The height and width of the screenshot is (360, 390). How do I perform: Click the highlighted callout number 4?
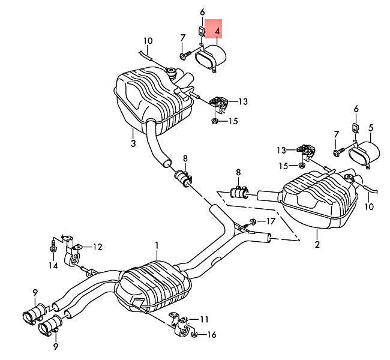(x=218, y=32)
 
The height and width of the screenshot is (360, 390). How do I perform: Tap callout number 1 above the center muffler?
(x=157, y=246)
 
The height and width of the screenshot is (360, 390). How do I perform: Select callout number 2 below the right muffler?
(x=317, y=244)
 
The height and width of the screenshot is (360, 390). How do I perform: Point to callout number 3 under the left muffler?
(x=133, y=143)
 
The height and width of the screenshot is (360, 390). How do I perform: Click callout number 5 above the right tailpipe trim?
(x=371, y=128)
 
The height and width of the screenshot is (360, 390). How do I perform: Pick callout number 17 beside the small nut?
(x=271, y=221)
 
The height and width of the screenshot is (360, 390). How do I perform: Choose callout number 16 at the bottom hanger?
(x=211, y=335)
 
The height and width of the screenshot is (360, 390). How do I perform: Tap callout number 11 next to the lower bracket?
(x=204, y=319)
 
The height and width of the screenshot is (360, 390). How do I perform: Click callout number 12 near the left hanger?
(x=97, y=247)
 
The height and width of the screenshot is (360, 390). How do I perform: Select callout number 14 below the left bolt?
(x=53, y=265)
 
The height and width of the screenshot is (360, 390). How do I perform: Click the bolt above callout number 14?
(x=53, y=245)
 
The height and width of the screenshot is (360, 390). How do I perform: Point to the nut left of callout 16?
(x=194, y=335)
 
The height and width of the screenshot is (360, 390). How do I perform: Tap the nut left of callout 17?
(x=253, y=221)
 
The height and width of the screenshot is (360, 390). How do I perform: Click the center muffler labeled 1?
(x=153, y=286)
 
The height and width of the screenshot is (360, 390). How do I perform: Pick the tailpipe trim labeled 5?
(x=364, y=154)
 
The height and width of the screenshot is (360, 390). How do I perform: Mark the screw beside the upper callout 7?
(x=185, y=55)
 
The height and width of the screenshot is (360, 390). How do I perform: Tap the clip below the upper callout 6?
(x=201, y=32)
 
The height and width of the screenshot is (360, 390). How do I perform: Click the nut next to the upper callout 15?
(x=214, y=121)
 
